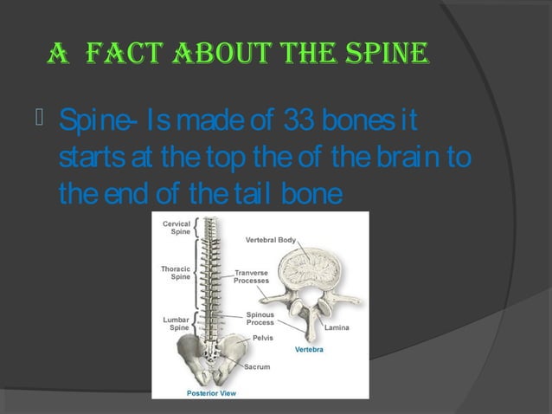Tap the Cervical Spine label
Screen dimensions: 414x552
click(177, 229)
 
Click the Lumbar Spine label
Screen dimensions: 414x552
click(176, 324)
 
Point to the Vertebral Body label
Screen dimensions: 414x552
click(273, 239)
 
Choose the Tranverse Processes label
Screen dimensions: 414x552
click(252, 276)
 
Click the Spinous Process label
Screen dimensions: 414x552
click(260, 319)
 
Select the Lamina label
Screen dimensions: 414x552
click(337, 327)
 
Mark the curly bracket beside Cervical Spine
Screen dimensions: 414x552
click(197, 229)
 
